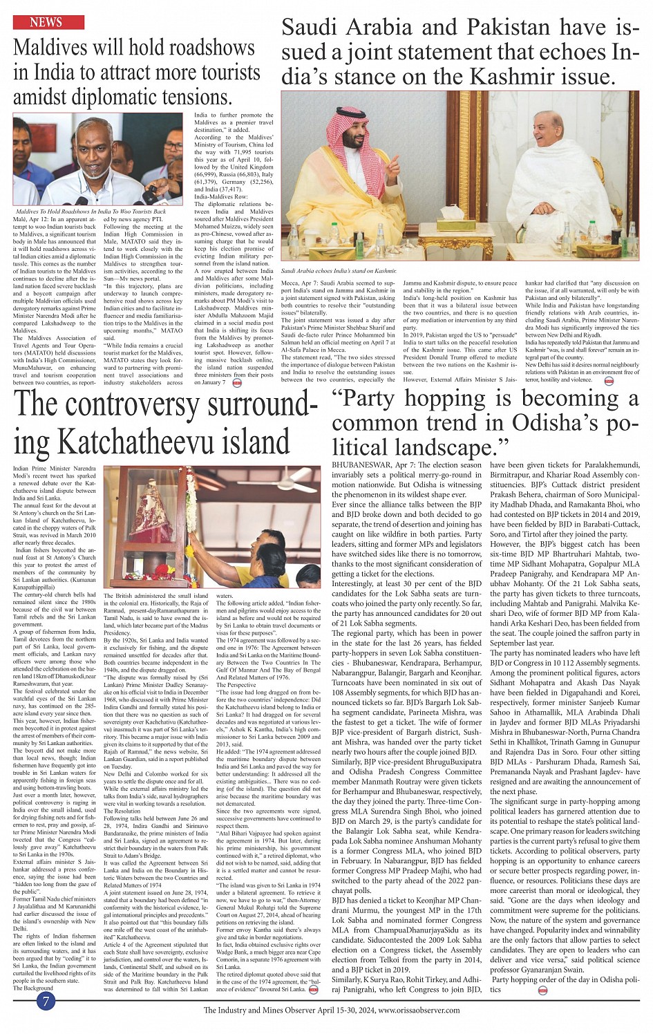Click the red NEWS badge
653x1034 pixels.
point(46,23)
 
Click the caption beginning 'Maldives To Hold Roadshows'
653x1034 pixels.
point(91,211)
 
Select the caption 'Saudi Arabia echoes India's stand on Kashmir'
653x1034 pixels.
point(339,272)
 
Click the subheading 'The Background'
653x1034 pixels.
point(33,988)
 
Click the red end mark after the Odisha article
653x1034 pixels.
point(543,990)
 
